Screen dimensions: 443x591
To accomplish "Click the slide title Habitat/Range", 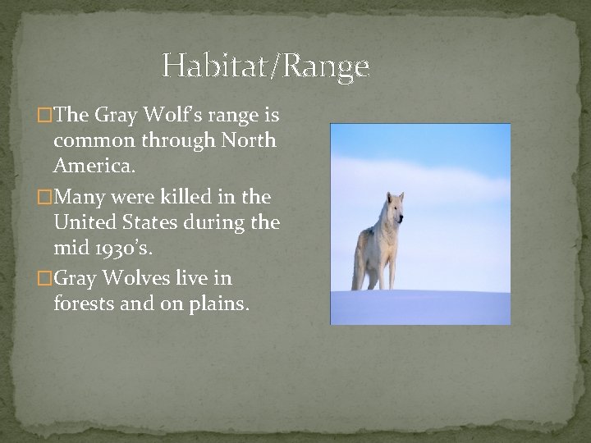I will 265,66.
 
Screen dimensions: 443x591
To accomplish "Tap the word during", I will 215,221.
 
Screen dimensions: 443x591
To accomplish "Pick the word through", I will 181,139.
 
